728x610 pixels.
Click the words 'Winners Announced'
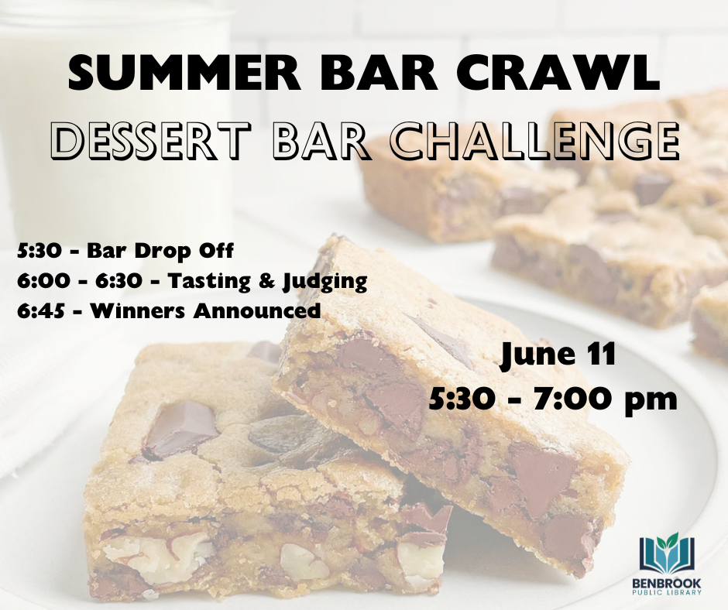[x=206, y=311]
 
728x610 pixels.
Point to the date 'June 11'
[x=558, y=355]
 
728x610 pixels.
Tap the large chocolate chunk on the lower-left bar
[x=178, y=429]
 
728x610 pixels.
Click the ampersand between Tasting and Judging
[x=267, y=281]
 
